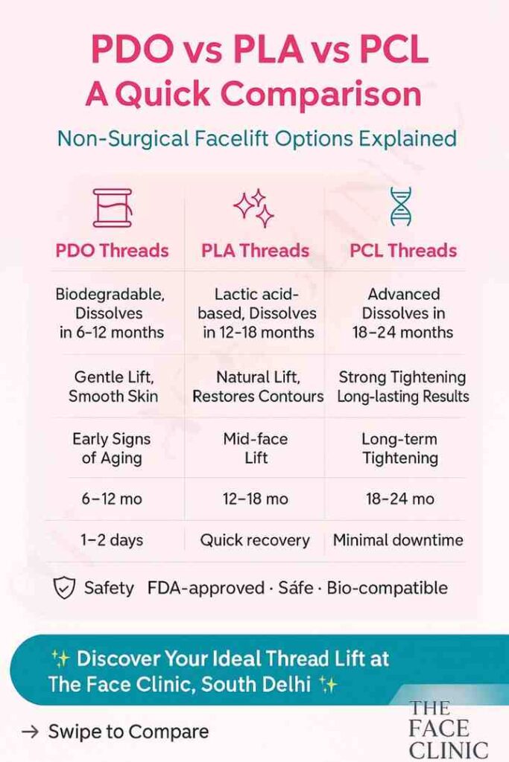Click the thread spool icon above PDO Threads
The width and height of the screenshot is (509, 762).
[112, 208]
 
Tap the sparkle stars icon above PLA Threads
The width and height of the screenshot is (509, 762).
[254, 208]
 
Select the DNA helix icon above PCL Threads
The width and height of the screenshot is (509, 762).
[402, 206]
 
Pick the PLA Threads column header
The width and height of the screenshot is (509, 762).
[255, 250]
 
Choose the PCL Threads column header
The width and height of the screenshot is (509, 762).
[403, 250]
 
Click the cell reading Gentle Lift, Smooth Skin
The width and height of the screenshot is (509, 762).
[113, 387]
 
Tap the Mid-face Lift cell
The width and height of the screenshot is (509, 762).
[256, 448]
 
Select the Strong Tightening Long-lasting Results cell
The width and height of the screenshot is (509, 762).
[403, 387]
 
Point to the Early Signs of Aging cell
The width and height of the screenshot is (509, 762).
[111, 448]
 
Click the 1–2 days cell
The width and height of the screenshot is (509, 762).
[111, 540]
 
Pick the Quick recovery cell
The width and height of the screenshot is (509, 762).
[255, 540]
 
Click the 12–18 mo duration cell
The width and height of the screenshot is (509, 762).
[256, 499]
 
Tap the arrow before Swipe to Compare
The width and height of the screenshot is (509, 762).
[30, 731]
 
